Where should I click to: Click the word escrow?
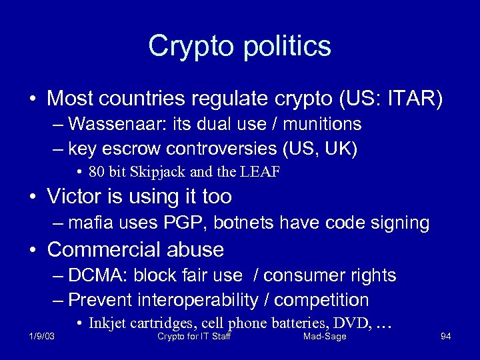click(x=132, y=148)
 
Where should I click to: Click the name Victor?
click(x=76, y=197)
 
